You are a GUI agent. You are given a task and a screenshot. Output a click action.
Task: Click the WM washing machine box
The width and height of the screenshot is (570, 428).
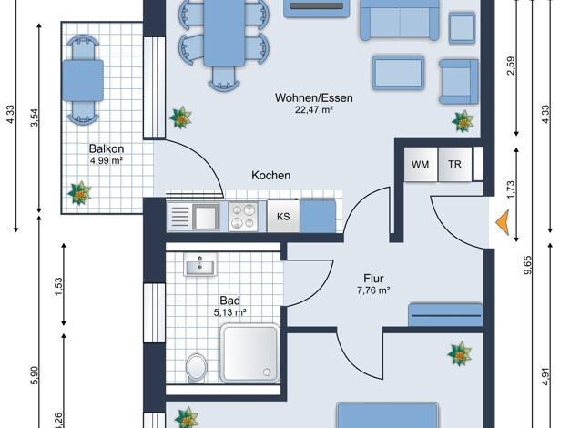point(421,164)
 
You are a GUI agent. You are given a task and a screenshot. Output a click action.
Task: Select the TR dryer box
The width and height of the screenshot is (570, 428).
point(454,164)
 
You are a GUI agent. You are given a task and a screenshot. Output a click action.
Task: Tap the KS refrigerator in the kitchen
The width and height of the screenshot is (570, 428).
point(283,217)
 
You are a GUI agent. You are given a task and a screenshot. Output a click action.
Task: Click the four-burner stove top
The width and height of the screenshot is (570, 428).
point(243,217)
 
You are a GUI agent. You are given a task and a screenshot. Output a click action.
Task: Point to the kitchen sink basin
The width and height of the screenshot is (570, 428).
point(206,217)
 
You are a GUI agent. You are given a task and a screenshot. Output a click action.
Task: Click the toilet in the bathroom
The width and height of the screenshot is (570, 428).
point(197,367)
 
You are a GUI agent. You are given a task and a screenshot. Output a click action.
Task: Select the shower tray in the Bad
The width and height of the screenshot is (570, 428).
point(250,353)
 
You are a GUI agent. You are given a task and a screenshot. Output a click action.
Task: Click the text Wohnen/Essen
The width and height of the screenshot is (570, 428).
point(314,97)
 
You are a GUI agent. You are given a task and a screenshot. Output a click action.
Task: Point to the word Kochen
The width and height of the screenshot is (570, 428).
point(270,175)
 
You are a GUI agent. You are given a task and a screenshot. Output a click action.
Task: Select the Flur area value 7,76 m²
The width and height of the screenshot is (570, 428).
point(373,290)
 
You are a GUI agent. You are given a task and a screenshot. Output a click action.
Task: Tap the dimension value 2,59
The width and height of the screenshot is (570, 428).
point(511,66)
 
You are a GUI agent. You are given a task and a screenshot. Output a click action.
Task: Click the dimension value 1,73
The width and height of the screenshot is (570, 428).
point(511,189)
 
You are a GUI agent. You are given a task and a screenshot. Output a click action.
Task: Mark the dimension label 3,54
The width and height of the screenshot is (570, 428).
point(35,117)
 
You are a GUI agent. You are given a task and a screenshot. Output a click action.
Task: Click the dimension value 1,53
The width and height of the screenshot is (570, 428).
point(59,287)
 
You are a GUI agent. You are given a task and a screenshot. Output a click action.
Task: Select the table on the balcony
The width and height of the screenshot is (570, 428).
point(83,80)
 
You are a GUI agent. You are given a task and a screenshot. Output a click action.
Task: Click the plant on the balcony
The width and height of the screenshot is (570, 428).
point(79,193)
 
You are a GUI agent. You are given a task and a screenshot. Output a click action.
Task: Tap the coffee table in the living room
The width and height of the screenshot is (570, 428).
point(398,73)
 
